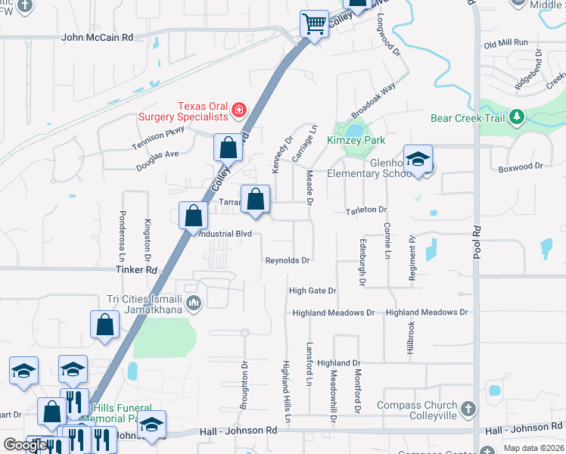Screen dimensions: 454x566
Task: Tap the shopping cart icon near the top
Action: click(314, 23)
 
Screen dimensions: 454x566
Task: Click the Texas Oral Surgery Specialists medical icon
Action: click(239, 111)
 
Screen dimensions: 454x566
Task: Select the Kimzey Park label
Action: click(356, 140)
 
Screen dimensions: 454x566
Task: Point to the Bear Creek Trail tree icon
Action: click(517, 117)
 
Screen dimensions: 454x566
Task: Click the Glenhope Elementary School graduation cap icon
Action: click(417, 160)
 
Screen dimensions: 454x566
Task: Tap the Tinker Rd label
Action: click(137, 269)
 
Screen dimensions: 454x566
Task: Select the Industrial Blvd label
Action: click(225, 235)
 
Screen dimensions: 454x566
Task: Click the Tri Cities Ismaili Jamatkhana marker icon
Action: click(194, 304)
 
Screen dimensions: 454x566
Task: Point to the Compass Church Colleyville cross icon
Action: click(468, 409)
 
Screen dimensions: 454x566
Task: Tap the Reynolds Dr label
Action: click(288, 260)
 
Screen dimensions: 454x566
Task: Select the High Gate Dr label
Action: click(313, 291)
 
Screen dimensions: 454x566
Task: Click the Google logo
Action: click(25, 445)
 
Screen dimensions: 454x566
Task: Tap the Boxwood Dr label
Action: click(521, 166)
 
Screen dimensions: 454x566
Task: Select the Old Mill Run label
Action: click(505, 44)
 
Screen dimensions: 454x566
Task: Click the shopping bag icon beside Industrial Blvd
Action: click(194, 216)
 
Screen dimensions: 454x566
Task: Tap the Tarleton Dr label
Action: click(366, 210)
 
